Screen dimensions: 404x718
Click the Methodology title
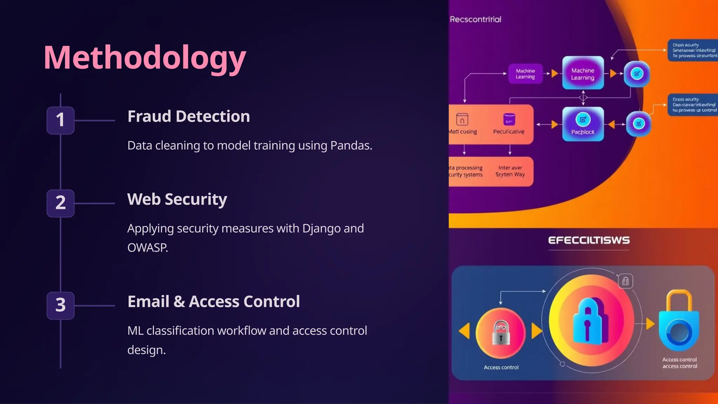[144, 58]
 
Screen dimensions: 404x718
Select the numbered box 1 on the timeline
[60, 120]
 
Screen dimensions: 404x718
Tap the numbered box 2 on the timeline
[60, 203]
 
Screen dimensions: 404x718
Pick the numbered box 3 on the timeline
[60, 305]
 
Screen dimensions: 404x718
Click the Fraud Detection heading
[189, 116]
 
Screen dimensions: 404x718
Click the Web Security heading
[177, 199]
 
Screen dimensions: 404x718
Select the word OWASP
[147, 248]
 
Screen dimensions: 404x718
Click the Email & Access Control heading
[214, 302]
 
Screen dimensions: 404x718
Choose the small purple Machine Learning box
[525, 74]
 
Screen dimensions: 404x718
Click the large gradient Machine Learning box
[583, 74]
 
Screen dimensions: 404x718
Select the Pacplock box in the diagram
[583, 124]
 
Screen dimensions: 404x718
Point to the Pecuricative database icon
[509, 120]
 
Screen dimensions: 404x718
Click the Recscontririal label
[475, 19]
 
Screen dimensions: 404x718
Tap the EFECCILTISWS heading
[589, 240]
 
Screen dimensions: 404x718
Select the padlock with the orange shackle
[679, 321]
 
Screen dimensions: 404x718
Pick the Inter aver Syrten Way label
[510, 171]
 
